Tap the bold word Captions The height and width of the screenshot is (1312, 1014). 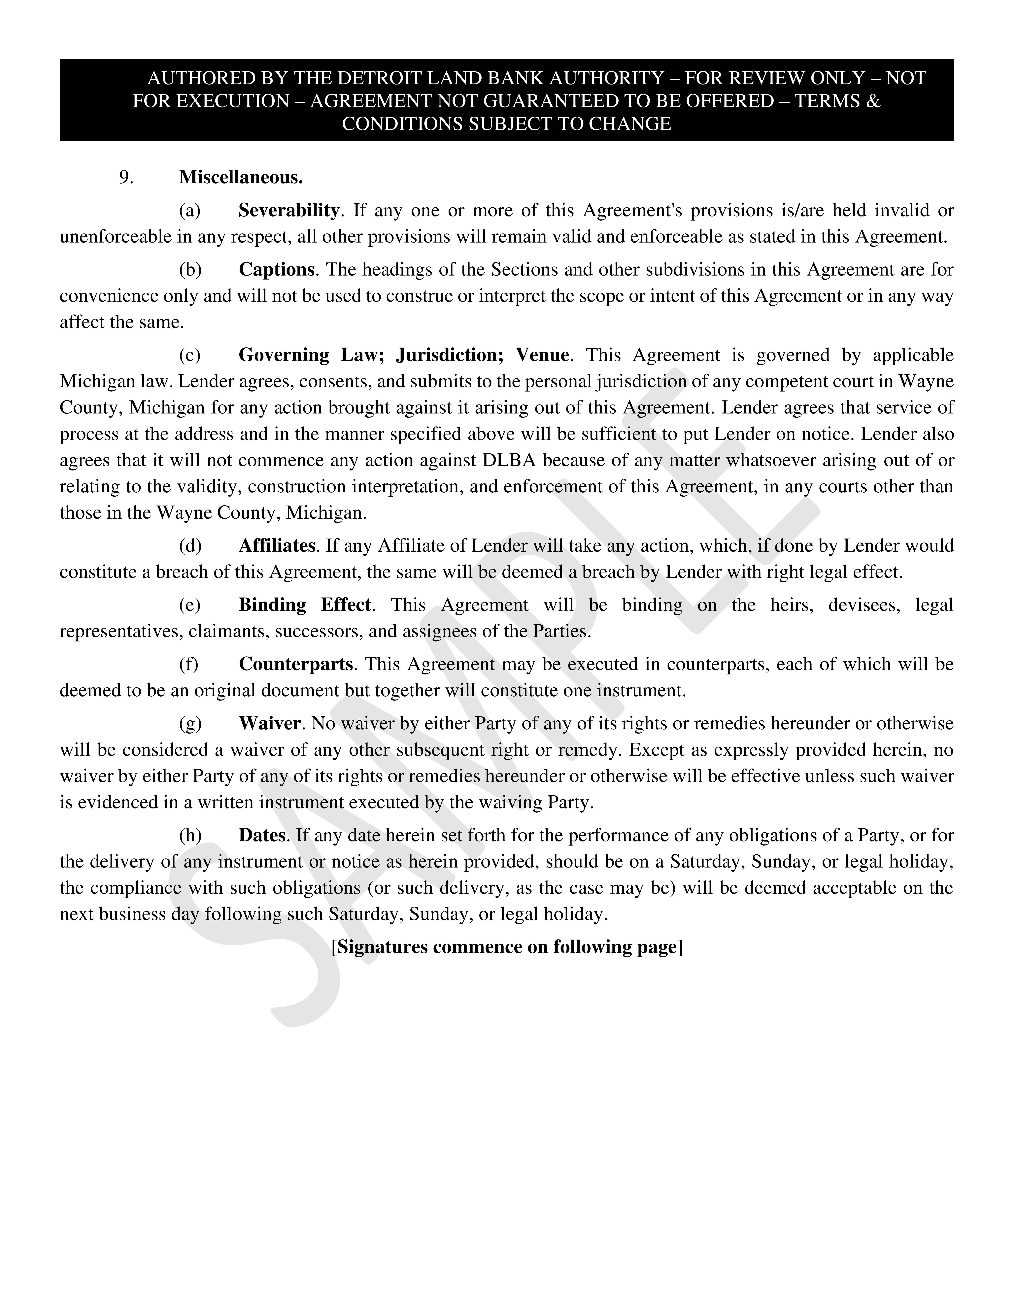coord(276,270)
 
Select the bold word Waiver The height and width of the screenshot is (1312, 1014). coord(270,723)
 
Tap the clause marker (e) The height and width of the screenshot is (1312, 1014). coord(190,605)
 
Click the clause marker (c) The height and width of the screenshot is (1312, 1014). coord(190,355)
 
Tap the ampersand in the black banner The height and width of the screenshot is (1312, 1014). coord(873,101)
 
